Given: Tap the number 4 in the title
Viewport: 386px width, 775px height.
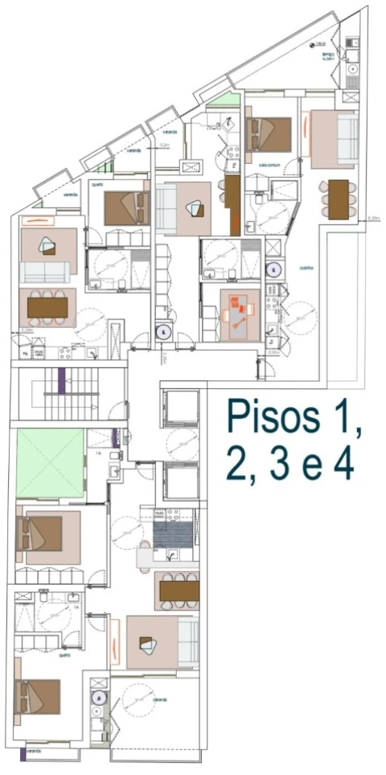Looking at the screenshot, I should pyautogui.click(x=343, y=465).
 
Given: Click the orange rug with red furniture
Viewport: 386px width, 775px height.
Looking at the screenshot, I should pyautogui.click(x=240, y=313).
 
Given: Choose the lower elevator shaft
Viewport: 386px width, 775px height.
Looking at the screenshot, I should pyautogui.click(x=181, y=481).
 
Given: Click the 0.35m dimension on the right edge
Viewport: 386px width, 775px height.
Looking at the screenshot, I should pyautogui.click(x=373, y=218).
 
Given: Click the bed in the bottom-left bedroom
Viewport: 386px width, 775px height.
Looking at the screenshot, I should pyautogui.click(x=39, y=696).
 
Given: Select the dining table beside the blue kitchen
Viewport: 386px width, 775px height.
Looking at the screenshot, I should pyautogui.click(x=178, y=591).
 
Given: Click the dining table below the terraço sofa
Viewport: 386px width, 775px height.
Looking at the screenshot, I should pyautogui.click(x=339, y=198).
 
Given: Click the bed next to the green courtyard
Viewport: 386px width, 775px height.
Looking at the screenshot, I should pyautogui.click(x=43, y=533).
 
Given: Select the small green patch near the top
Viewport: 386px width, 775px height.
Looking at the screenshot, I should pyautogui.click(x=229, y=101).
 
